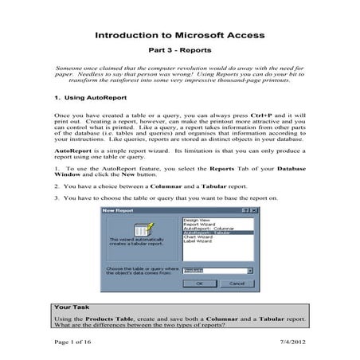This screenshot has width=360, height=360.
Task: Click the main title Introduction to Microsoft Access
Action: point(180,37)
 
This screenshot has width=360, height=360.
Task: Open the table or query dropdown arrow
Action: point(250,271)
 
